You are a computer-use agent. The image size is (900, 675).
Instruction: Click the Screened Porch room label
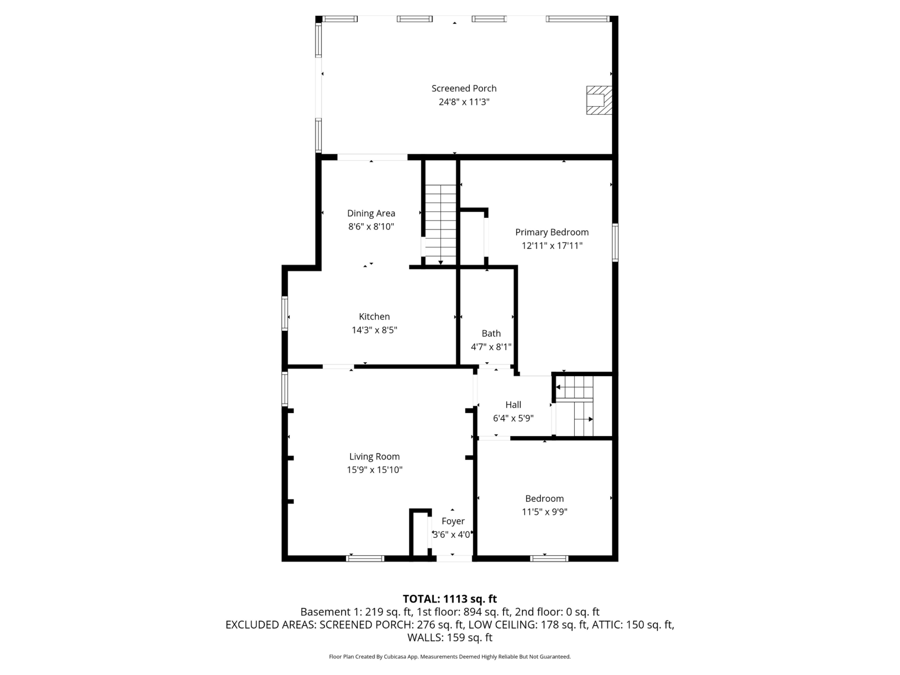pos(464,88)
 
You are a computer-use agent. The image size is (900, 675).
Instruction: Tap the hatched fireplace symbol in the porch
pos(599,100)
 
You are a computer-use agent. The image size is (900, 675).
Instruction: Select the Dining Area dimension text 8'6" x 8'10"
pos(371,227)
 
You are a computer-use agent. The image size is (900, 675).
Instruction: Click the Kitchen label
pos(374,317)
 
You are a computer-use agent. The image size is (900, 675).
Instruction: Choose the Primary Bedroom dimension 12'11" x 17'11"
pos(552,246)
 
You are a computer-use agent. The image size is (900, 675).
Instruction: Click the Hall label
pos(513,405)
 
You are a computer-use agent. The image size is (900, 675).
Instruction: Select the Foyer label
pos(453,521)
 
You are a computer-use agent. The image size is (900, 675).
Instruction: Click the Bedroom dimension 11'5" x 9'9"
pos(544,512)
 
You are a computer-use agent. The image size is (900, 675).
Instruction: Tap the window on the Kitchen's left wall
pos(285,313)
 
